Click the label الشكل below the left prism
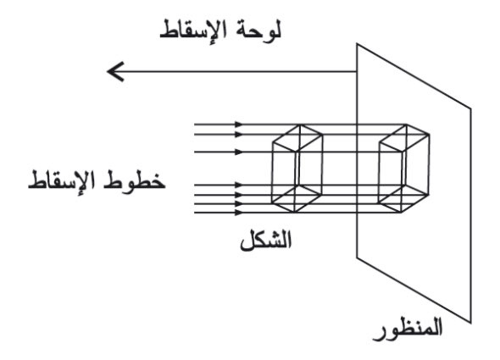[x=265, y=240]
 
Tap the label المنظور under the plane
[x=408, y=330]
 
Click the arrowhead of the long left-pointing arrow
[x=114, y=71]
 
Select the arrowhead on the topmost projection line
[x=239, y=125]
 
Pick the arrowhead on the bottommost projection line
[x=239, y=213]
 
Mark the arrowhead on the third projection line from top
[x=239, y=152]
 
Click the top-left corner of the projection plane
[x=357, y=44]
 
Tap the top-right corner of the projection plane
[x=471, y=108]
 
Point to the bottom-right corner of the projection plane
[x=471, y=323]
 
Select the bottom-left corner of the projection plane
[x=357, y=257]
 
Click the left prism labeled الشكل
[x=297, y=169]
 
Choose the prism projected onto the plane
[x=403, y=169]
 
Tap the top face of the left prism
[x=297, y=138]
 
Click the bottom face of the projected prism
[x=403, y=198]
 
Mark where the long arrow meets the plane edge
[x=357, y=71]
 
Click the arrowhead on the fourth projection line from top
[x=239, y=185]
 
